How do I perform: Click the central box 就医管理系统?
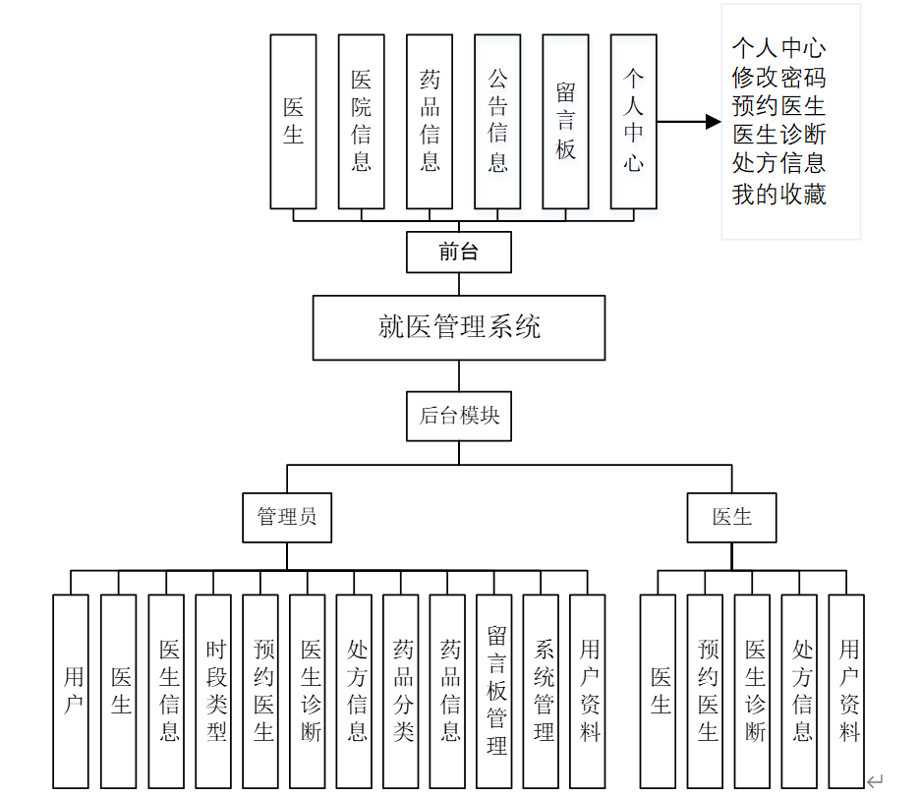coord(459,327)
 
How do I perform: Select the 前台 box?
coord(459,253)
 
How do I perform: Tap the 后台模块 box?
coord(459,416)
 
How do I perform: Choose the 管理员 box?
coord(287,517)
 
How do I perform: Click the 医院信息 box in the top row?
coord(361,122)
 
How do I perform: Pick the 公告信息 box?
coord(497,122)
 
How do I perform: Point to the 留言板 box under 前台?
coord(565,122)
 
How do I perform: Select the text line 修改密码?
coord(778,77)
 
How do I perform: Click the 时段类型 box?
coord(216,691)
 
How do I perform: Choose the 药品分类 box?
coord(404,691)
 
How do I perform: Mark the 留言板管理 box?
coord(497,691)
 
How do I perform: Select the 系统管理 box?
coord(545,691)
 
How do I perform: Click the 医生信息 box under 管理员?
coord(169,691)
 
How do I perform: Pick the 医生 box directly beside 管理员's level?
coord(732,517)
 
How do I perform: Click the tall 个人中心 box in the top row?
coord(634,122)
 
